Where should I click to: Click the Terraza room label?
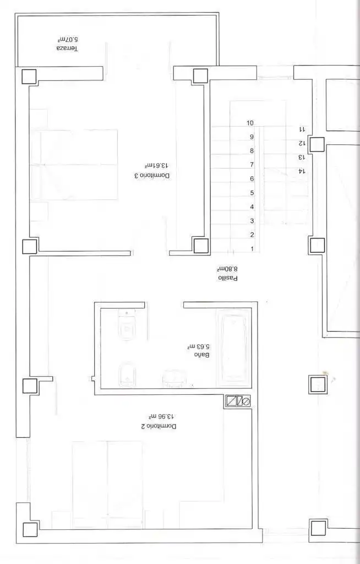pos(67,48)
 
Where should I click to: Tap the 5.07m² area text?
pos(68,39)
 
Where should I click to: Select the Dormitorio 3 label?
pos(152,176)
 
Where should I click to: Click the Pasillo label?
pos(228,278)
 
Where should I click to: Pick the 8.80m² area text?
pos(228,269)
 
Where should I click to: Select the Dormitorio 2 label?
pos(159,426)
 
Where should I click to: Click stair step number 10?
pos(250,123)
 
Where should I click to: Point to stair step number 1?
pos(252,249)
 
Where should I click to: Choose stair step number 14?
pos(302,171)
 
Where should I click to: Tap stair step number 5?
pos(252,193)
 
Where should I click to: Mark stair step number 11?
pos(302,129)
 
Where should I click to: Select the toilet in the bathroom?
pos(126,324)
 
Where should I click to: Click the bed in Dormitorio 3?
pos(79,165)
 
